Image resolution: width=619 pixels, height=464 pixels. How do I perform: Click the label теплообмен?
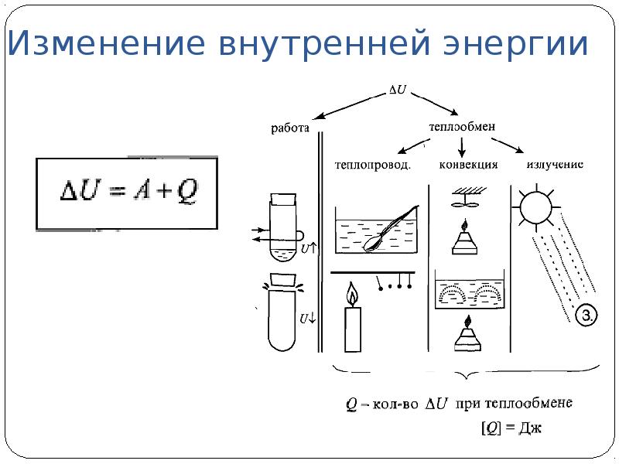(x=462, y=126)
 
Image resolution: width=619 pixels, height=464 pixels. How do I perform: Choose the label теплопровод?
(x=372, y=164)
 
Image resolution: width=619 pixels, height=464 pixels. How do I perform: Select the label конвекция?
(x=468, y=164)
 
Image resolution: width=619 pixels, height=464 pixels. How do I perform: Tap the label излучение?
(x=554, y=164)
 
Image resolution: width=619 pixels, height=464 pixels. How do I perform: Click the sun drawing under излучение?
(x=535, y=206)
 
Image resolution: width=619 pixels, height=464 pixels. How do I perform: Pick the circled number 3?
(x=587, y=315)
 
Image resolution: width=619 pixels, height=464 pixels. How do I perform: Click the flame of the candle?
(x=353, y=295)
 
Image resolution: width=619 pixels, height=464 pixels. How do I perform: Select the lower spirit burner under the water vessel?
(x=467, y=334)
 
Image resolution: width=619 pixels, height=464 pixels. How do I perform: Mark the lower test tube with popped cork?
(x=282, y=317)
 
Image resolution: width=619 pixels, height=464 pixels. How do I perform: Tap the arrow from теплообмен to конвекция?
(x=462, y=145)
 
